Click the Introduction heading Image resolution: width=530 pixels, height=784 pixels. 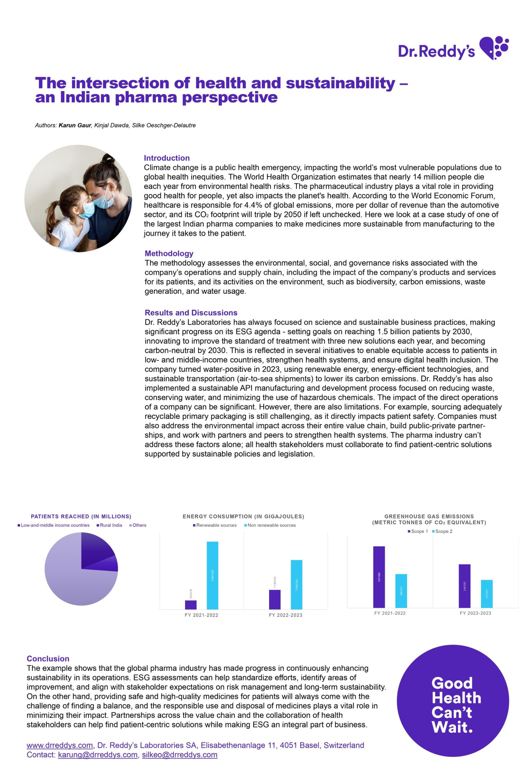[167, 158]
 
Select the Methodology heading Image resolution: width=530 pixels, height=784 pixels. [169, 253]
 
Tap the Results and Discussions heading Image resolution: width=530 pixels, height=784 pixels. [191, 313]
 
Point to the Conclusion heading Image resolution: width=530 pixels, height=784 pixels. [48, 658]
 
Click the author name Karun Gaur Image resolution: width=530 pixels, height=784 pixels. [75, 126]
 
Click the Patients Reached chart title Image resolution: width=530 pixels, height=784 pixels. [81, 516]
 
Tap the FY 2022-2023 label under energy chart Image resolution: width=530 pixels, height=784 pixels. [286, 615]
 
